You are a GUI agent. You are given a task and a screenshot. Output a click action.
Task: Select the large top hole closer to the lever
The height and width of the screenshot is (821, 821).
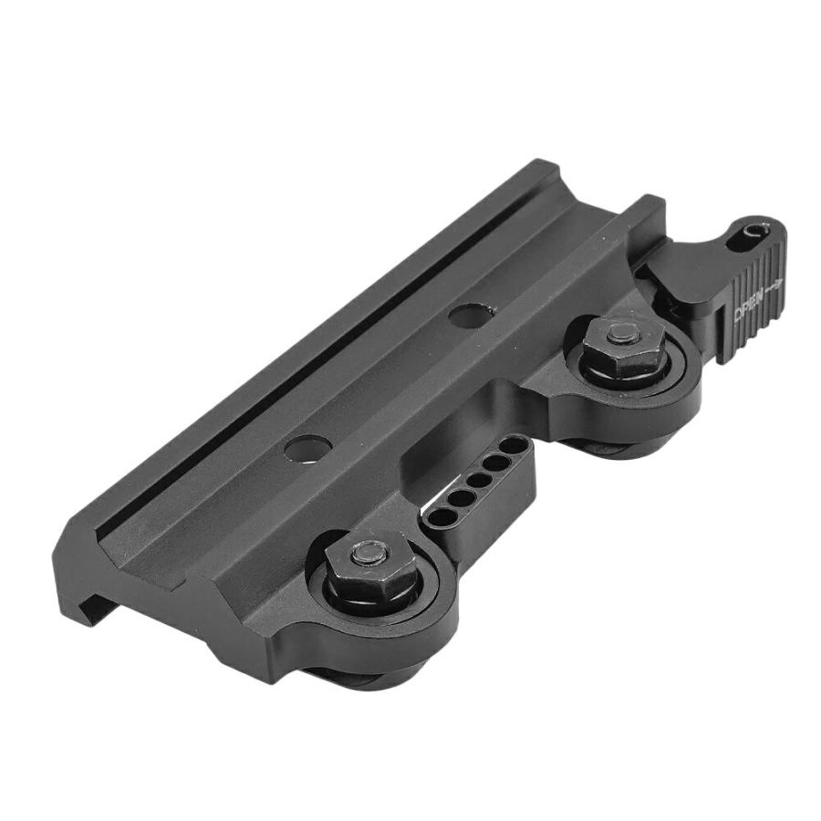point(471,316)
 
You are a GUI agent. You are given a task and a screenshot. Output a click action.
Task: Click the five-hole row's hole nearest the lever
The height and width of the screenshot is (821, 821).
point(515,447)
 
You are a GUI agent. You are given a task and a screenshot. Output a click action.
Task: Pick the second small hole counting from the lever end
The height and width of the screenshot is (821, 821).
point(495,462)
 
